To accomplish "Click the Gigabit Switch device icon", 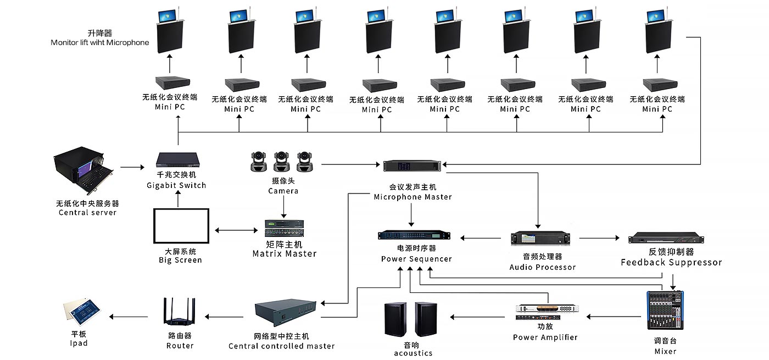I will (177, 160).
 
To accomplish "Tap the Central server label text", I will (87, 212).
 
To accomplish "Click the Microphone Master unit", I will (413, 165).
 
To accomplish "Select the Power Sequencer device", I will (415, 235).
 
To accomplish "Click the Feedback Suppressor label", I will (671, 262).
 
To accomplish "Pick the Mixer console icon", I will (665, 311).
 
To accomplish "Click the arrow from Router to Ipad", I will (129, 317).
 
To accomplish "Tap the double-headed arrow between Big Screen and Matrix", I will (237, 230).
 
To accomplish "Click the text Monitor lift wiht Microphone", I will (100, 42).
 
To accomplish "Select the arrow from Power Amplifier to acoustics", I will (477, 317).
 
